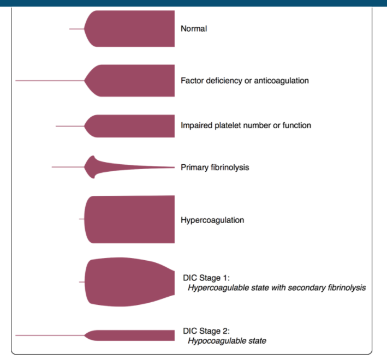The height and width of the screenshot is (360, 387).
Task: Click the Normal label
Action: pos(194,29)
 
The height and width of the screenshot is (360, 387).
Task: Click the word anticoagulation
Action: pos(282,81)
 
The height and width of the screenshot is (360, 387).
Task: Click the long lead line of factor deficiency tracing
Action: pos(49,81)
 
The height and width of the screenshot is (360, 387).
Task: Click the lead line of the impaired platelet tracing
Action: pos(70,126)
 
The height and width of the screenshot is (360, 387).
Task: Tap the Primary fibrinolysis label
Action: pos(215,167)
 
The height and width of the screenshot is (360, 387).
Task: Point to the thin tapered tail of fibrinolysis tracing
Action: pos(147,167)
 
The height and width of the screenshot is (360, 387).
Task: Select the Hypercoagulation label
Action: pos(212,220)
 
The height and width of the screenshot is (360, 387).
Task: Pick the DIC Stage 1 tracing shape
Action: pos(131,281)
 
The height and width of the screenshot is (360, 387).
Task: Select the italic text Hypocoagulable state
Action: pos(227,341)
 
